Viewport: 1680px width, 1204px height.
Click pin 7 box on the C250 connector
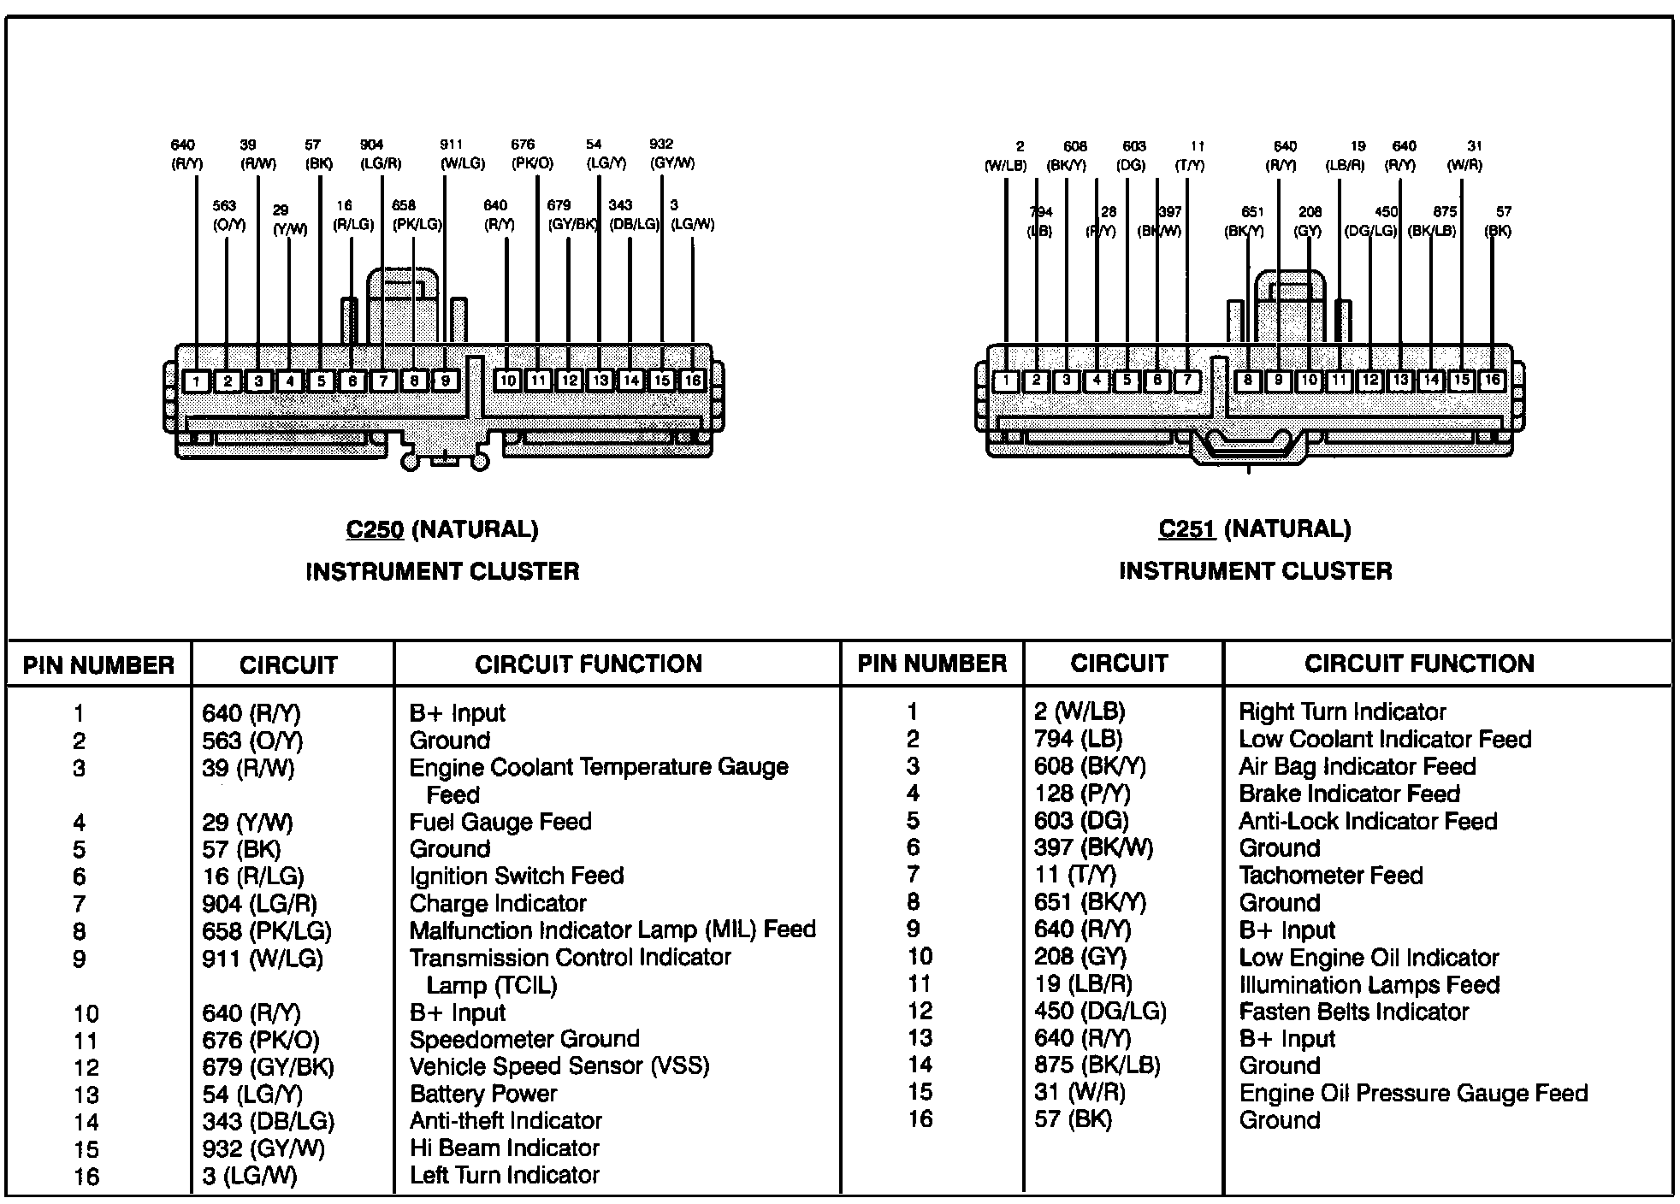(x=383, y=381)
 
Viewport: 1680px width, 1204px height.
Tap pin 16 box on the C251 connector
(x=1492, y=380)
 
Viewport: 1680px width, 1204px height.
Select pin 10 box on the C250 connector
(x=508, y=381)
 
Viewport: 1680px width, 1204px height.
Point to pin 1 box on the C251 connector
(x=1006, y=381)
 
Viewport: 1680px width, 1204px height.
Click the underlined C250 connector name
(x=375, y=530)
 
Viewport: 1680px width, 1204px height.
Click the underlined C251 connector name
(x=1187, y=530)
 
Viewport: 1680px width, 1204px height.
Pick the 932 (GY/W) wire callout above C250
(x=671, y=154)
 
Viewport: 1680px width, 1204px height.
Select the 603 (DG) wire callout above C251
(x=1133, y=156)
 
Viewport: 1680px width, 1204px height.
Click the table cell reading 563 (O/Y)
(x=252, y=741)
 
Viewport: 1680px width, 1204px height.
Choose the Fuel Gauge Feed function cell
(x=500, y=822)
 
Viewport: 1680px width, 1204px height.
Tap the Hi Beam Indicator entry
(x=505, y=1148)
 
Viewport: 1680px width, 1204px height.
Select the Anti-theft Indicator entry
(x=506, y=1120)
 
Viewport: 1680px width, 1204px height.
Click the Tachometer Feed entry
(x=1331, y=876)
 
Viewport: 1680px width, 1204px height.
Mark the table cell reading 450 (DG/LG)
(x=1100, y=1012)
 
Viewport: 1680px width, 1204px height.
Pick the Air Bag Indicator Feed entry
(x=1358, y=766)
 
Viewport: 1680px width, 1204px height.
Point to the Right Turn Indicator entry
(x=1342, y=711)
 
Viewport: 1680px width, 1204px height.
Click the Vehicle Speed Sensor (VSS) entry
(x=559, y=1066)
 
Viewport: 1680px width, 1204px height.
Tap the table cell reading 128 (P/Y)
(x=1082, y=794)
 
